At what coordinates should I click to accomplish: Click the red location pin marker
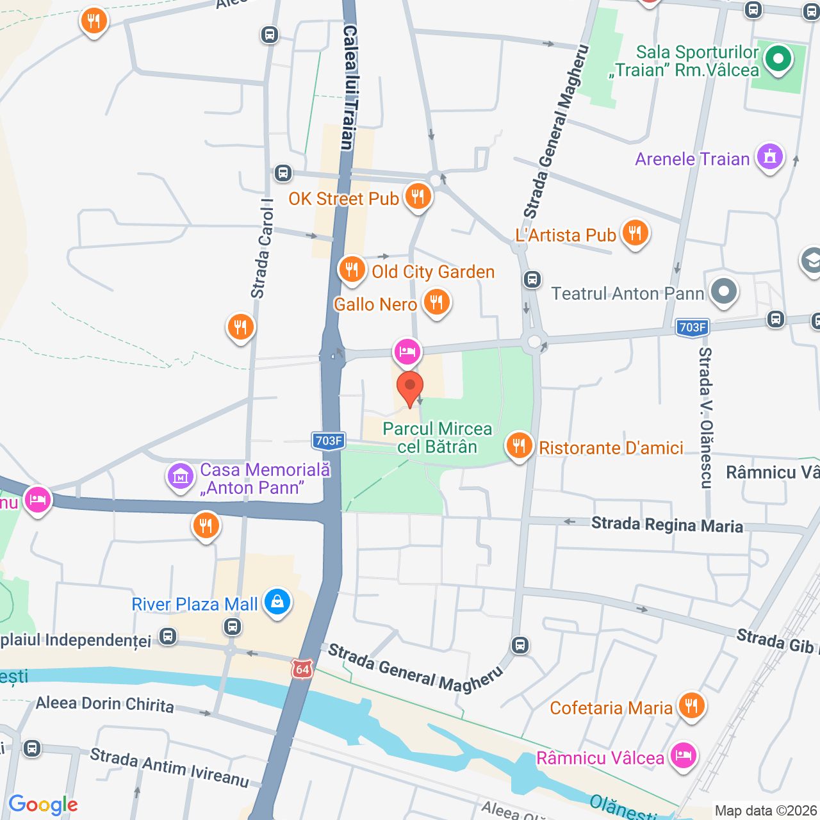coord(410,388)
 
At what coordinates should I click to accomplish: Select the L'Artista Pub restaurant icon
coord(635,233)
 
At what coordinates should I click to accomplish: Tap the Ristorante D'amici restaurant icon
coord(519,445)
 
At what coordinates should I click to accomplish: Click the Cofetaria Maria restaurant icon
coord(691,705)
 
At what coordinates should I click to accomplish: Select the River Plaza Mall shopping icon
coord(277,602)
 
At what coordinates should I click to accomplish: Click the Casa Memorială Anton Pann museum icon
coord(180,477)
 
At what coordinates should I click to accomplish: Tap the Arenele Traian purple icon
coord(769,156)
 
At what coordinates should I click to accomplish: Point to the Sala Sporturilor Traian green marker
coord(778,60)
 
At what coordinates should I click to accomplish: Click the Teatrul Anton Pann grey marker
coord(724,291)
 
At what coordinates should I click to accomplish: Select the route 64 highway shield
coord(302,669)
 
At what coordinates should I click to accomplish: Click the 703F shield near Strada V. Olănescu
coord(693,327)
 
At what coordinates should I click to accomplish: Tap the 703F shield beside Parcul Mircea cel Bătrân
coord(329,441)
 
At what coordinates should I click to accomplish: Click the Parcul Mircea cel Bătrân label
coord(438,438)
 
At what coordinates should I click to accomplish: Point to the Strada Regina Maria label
coord(667,525)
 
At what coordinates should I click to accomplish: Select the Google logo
coord(44,805)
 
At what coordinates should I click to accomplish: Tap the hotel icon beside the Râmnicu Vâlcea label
coord(683,755)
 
